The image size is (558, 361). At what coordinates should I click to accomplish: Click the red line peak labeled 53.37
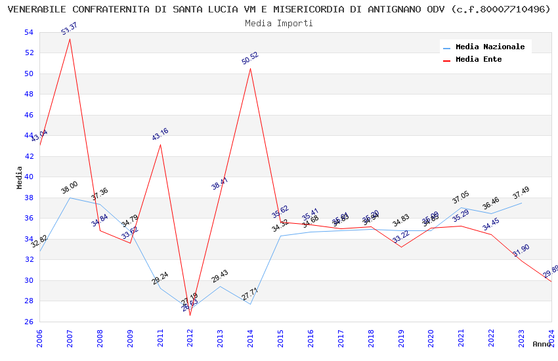[x=70, y=39]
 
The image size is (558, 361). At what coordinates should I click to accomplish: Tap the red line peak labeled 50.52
[x=250, y=68]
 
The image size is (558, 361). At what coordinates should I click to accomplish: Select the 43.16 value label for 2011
[x=160, y=134]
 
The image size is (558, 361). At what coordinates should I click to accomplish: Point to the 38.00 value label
[x=70, y=188]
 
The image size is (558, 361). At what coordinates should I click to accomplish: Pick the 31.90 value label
[x=521, y=250]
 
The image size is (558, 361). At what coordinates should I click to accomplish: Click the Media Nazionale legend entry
[x=490, y=47]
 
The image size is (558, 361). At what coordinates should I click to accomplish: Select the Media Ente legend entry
[x=479, y=60]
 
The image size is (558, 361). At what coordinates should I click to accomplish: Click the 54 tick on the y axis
[x=28, y=33]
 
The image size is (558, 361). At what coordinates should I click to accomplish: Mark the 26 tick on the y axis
[x=28, y=322]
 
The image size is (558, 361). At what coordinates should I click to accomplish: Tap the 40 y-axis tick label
[x=28, y=177]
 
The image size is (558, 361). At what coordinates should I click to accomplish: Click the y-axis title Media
[x=20, y=177]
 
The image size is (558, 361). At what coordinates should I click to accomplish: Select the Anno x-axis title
[x=542, y=344]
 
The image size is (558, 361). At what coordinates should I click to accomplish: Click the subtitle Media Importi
[x=279, y=23]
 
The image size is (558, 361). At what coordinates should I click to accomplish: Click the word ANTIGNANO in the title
[x=410, y=9]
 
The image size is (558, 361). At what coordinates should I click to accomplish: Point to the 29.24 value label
[x=160, y=278]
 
